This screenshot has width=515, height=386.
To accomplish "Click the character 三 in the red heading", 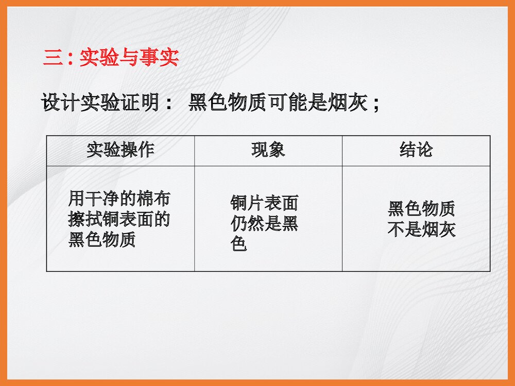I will [51, 58].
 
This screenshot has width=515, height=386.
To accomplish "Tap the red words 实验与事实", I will [129, 58].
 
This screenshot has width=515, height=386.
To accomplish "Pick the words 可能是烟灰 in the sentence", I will [316, 103].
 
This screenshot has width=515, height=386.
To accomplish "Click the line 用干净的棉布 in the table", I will [119, 198].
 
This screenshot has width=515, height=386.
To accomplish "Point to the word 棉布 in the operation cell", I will [153, 198].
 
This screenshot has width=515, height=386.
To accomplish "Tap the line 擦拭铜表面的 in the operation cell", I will [119, 219].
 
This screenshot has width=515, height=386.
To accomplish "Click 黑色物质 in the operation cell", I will [102, 240].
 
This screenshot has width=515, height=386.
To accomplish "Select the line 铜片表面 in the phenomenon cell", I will [264, 204].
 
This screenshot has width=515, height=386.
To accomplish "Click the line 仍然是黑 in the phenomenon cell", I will [264, 224].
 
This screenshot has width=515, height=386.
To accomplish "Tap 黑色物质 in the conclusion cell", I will [421, 209].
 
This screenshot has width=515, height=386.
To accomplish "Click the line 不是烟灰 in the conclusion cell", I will [421, 230].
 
